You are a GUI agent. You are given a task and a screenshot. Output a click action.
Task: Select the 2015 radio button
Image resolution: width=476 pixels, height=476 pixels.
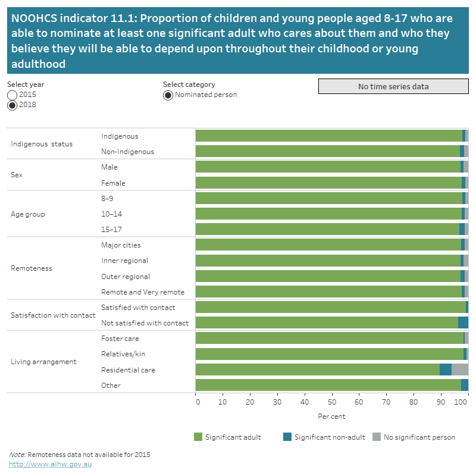[x=12, y=95]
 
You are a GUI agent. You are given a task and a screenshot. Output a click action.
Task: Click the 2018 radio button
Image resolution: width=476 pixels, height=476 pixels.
[x=12, y=105]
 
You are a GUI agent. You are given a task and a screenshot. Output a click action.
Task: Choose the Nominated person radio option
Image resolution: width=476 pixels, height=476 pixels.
[x=168, y=95]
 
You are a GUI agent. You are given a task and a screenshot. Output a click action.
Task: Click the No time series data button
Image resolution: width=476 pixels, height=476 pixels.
[x=393, y=86]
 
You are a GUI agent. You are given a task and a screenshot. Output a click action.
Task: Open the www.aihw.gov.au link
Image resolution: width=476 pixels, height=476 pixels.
[x=50, y=464]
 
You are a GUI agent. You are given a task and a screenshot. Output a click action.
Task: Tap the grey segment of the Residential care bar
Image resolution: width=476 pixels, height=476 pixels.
[x=460, y=369]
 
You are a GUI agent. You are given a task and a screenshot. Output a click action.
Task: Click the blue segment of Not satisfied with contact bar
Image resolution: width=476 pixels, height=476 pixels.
[x=463, y=322]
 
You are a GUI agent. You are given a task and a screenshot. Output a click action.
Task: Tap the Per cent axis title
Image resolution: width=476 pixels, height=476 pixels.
[x=331, y=416]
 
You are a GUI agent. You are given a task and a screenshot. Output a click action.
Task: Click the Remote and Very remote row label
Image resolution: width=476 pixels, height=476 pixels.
[x=143, y=292]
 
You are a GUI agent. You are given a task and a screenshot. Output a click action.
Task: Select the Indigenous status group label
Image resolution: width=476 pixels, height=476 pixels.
[x=42, y=144]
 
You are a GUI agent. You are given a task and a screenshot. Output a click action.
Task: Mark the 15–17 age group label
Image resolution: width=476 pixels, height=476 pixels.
[x=111, y=229]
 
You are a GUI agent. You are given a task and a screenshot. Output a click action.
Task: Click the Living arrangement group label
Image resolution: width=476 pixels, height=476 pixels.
[x=43, y=362]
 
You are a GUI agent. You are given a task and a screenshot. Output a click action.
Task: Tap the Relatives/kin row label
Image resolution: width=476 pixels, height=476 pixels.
[x=123, y=354]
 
